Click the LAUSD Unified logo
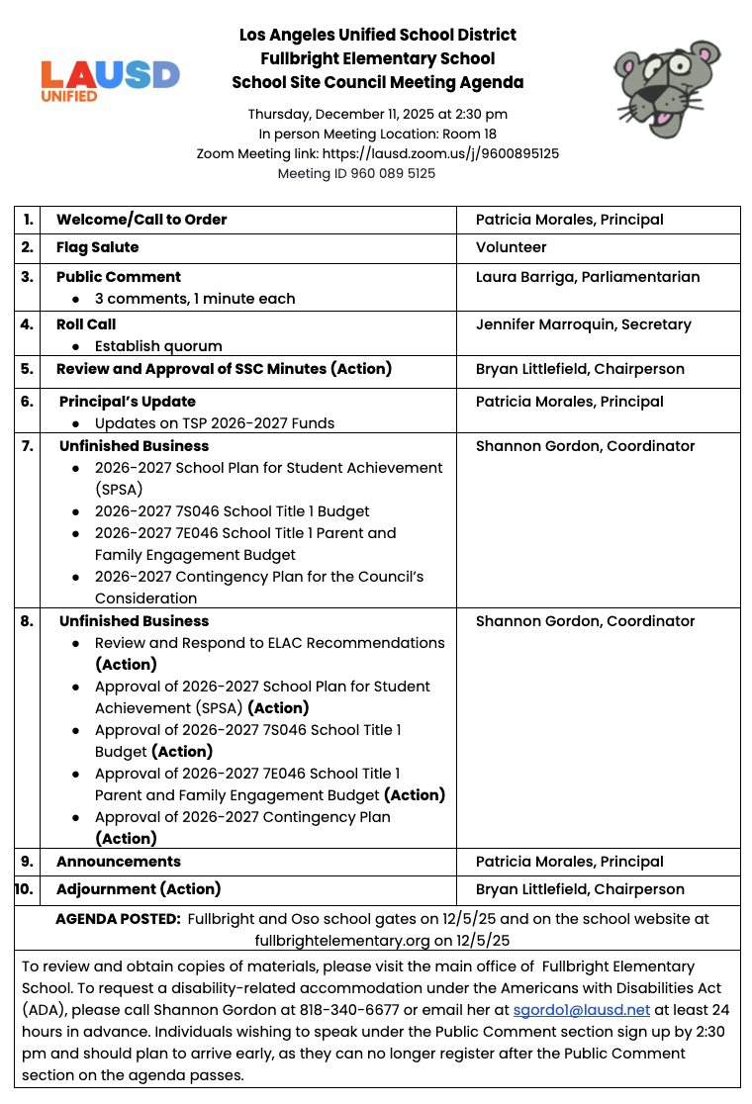tap(110, 79)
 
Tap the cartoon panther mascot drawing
tap(665, 87)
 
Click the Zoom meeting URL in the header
tap(440, 153)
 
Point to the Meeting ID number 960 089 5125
tap(393, 173)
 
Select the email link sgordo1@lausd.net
tap(581, 1010)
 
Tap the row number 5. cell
tap(27, 369)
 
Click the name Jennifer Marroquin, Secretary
tap(583, 324)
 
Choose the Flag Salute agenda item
tap(97, 247)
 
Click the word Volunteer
tap(511, 247)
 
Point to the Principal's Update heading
tap(127, 402)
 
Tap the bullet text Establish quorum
tap(158, 346)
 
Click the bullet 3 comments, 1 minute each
tap(195, 299)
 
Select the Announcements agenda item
tap(118, 862)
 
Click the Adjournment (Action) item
tap(139, 889)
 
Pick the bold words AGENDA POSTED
tap(118, 918)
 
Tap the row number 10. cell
tap(24, 889)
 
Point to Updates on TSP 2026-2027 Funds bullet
tap(215, 423)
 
